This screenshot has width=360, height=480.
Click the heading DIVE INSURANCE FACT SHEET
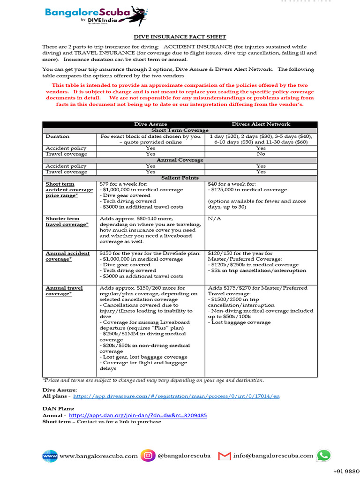pyautogui.click(x=180, y=37)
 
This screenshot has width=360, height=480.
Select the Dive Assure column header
pyautogui.click(x=150, y=124)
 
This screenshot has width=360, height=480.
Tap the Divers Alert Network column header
pyautogui.click(x=261, y=124)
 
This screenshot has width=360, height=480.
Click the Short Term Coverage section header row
pyautogui.click(x=180, y=130)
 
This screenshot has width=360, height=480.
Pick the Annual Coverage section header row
pyautogui.click(x=180, y=160)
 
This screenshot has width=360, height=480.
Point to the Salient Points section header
pyautogui.click(x=180, y=178)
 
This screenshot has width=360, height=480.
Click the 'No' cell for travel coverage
pyautogui.click(x=261, y=154)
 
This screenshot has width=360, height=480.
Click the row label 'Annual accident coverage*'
pyautogui.click(x=67, y=256)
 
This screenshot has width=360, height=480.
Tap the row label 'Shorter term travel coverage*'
pyautogui.click(x=67, y=222)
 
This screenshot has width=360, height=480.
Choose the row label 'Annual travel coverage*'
pyautogui.click(x=64, y=291)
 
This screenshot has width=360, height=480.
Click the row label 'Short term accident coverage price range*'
pyautogui.click(x=69, y=190)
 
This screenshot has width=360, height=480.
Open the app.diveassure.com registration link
pyautogui.click(x=176, y=396)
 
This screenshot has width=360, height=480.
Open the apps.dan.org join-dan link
pyautogui.click(x=138, y=415)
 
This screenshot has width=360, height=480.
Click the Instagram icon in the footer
pyautogui.click(x=148, y=455)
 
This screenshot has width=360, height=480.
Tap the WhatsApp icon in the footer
pyautogui.click(x=323, y=455)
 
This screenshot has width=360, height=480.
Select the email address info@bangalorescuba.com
pyautogui.click(x=273, y=456)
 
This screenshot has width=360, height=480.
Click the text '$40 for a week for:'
pyautogui.click(x=232, y=184)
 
